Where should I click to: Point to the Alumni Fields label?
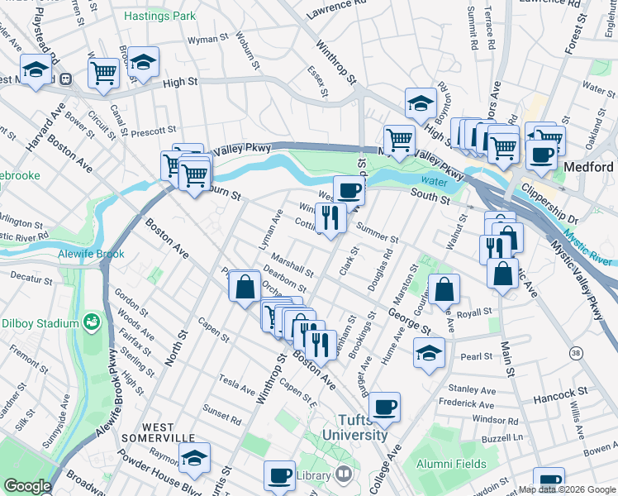pos(451,464)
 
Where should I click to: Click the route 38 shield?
pos(574,353)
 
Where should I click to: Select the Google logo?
pos(26,486)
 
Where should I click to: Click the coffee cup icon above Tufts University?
pos(385,407)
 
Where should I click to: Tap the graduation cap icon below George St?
pos(429,353)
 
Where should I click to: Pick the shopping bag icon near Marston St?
pos(444,289)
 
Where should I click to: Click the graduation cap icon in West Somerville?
pos(194,457)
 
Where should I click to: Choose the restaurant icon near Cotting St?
pos(330,217)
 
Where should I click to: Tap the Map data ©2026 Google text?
pos(567,489)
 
